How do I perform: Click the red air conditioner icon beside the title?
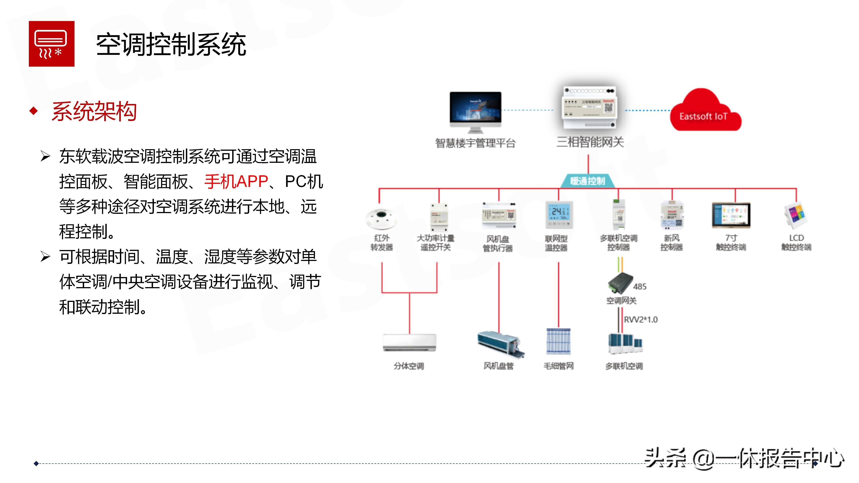(51, 44)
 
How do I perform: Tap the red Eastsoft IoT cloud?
(705, 112)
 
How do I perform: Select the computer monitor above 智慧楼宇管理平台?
(475, 110)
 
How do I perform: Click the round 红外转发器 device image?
(381, 218)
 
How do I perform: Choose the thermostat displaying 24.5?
(559, 215)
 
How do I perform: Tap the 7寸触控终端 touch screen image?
(731, 215)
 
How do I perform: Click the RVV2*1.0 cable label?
(641, 320)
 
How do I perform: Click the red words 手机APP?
(236, 182)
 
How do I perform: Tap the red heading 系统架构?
(94, 111)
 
